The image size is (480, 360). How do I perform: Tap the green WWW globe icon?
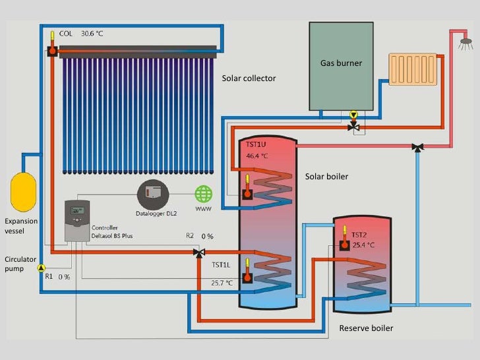[204, 195]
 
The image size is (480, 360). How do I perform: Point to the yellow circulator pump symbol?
[41, 268]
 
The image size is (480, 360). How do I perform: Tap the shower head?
[466, 41]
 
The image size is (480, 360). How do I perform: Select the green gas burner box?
[341, 65]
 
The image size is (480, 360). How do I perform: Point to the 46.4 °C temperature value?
[257, 156]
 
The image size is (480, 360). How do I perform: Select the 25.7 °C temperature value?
[222, 283]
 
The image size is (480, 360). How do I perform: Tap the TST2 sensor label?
[359, 234]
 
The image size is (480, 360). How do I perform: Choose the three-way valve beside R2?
[198, 252]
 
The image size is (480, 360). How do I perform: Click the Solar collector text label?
[249, 78]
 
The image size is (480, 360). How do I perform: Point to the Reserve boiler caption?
[366, 328]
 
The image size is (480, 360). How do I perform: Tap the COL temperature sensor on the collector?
[51, 49]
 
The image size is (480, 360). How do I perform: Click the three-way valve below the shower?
[417, 147]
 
